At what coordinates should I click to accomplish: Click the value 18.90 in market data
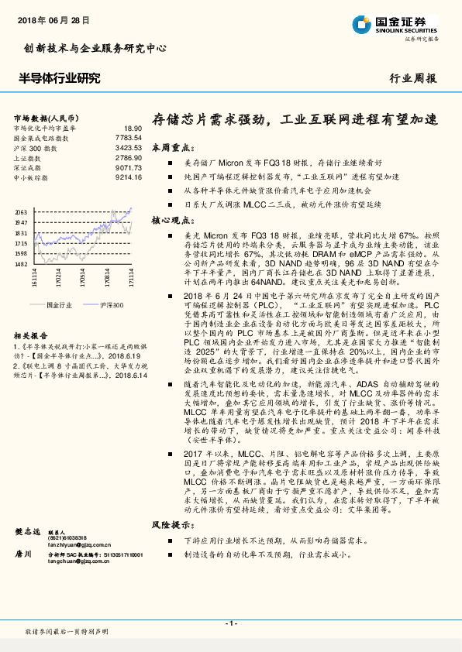click(x=133, y=128)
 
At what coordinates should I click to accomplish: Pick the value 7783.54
click(x=129, y=138)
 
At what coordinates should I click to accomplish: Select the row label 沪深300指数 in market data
click(x=36, y=147)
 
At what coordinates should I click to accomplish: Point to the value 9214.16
click(x=129, y=177)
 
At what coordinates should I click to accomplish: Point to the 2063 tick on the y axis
click(x=21, y=211)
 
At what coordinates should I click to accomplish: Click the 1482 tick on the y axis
click(x=21, y=264)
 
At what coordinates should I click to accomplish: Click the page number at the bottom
click(x=230, y=623)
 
